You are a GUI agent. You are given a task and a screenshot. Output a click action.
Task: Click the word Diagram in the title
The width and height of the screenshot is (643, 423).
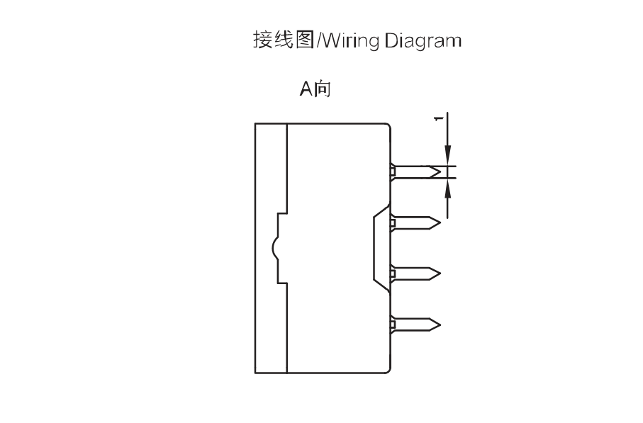(x=423, y=41)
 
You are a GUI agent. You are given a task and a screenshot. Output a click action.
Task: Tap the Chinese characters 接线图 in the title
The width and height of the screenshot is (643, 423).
(x=284, y=40)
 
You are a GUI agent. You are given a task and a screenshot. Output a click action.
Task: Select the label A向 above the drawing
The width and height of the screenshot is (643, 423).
(x=315, y=89)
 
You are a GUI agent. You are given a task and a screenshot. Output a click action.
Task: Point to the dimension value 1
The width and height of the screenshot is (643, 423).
(x=439, y=118)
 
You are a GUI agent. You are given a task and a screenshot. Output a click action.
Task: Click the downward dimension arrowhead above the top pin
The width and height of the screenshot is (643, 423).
(x=448, y=156)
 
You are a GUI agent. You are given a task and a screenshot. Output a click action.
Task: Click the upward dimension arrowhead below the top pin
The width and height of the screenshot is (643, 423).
(x=448, y=188)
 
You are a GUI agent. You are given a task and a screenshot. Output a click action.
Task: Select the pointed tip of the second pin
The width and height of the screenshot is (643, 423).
(x=440, y=223)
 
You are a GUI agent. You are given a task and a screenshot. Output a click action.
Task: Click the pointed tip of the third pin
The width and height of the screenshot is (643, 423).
(x=440, y=273)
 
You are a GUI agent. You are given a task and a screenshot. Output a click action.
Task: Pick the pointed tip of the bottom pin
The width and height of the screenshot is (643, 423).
(x=440, y=325)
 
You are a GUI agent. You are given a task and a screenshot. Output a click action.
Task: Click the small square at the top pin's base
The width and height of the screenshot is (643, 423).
(x=393, y=170)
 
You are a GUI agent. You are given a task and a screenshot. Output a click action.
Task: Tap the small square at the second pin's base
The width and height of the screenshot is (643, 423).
(x=393, y=223)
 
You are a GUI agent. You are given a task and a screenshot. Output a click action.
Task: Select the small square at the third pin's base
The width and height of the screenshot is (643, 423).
(x=393, y=273)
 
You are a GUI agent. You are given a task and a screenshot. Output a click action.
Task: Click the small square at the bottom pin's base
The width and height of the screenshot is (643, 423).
(x=393, y=325)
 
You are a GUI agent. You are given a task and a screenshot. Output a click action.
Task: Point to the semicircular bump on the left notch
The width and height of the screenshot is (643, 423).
(x=273, y=248)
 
